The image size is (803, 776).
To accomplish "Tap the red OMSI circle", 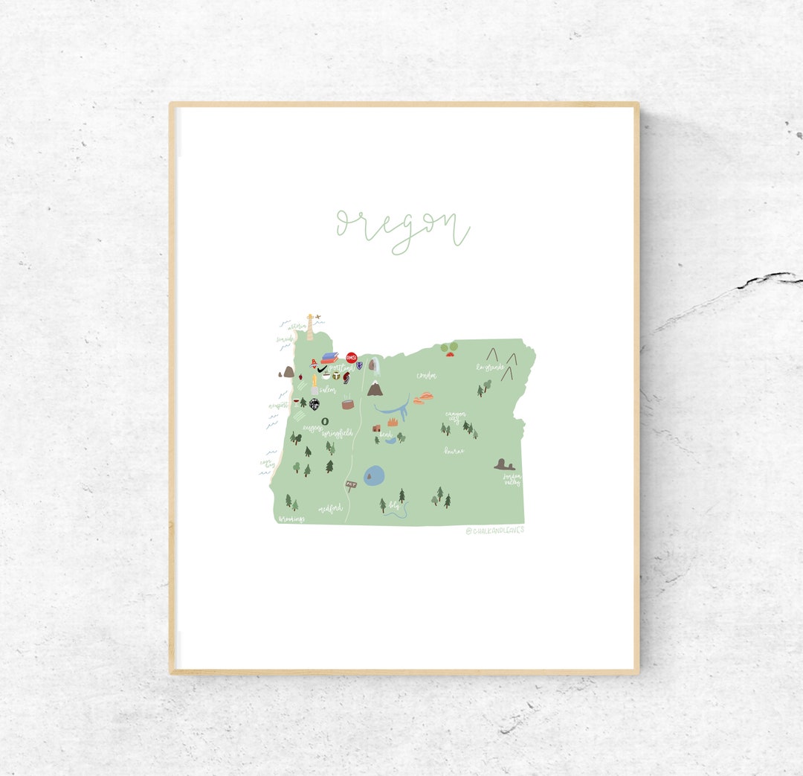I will pos(352,358).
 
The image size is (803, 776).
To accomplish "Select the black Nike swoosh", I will pos(321,369).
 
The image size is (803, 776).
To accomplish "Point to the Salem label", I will pos(328,390).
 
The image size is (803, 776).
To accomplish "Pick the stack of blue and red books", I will pos(329,357).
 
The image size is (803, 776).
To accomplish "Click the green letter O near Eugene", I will pos(324,420).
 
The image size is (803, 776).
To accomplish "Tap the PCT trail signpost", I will pos(351,484).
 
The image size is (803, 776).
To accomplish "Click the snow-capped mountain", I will pos(375,388).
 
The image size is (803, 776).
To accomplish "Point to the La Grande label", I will pos(491,367).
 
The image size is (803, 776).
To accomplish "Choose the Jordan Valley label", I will pos(511,480).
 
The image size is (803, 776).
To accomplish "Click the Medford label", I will pos(330,509).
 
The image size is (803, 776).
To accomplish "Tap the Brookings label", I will pos(291,519).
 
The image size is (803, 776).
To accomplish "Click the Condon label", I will pos(426,376).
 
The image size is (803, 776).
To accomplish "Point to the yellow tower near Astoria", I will pos(310,327).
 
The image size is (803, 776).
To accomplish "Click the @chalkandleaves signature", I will pos(494,530).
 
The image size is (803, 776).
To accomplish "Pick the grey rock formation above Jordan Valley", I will pos(504,465).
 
